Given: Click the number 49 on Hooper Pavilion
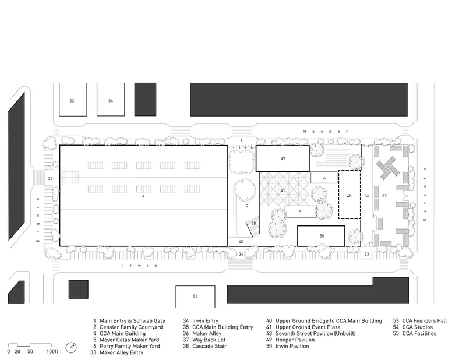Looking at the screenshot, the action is point(283,158).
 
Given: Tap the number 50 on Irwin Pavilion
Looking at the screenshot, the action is point(322,236).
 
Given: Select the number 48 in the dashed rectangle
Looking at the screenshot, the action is point(349,196).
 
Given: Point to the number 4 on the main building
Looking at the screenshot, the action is point(143,196).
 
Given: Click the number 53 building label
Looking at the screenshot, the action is point(72,101).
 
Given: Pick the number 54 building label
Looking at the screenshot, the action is point(111,101).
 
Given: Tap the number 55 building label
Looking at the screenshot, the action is point(195,296).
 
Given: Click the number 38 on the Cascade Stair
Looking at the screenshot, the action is point(253,223).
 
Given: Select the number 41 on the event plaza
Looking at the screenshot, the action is point(283,190).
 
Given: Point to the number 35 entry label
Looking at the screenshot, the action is point(50,178).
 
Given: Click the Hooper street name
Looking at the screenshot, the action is point(326,132).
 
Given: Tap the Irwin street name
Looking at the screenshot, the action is point(140,266).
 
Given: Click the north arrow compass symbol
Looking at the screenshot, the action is point(71,348).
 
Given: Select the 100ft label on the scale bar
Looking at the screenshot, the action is point(52,352).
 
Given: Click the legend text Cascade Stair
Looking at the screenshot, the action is point(209,346).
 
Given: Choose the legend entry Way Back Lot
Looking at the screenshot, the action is point(209,340).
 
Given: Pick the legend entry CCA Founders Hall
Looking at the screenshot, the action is point(425,321).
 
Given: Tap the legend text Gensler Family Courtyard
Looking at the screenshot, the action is point(131,327).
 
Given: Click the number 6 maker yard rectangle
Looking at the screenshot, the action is point(324,178).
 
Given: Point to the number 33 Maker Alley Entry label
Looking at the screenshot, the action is point(367,254).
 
